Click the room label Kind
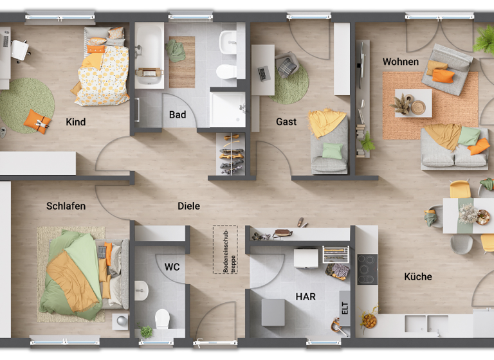(x=75, y=122)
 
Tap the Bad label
(x=178, y=114)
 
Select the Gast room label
(x=286, y=122)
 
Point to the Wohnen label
(x=400, y=62)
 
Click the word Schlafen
(x=66, y=206)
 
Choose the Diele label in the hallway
(x=188, y=206)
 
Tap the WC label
(x=172, y=266)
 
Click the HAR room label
(x=306, y=297)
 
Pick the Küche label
(x=418, y=277)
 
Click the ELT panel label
(x=345, y=307)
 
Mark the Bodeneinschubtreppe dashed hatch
(x=225, y=249)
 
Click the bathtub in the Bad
(x=149, y=54)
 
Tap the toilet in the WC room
(x=162, y=318)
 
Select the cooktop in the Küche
(x=367, y=268)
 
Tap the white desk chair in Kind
(x=21, y=50)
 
